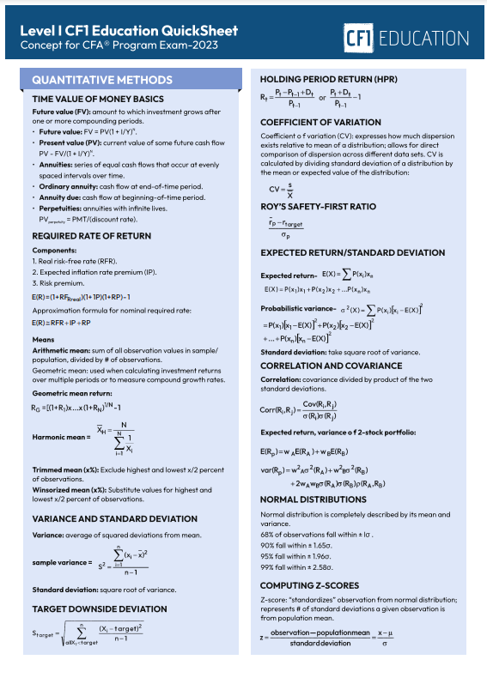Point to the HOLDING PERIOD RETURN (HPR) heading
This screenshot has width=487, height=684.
[328, 80]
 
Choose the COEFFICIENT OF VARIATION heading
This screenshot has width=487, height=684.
[320, 123]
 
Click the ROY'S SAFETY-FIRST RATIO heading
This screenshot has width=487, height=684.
[318, 207]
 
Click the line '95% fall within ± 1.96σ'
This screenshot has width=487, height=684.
[296, 556]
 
